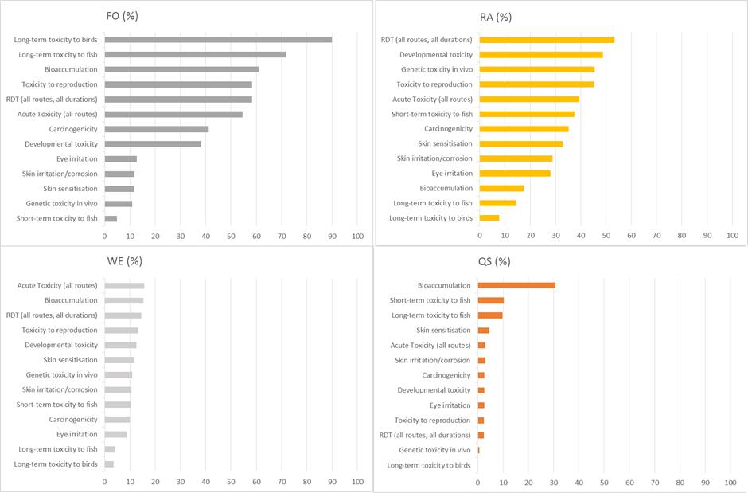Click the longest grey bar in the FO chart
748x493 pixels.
(218, 39)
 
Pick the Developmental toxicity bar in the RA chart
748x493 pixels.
(541, 54)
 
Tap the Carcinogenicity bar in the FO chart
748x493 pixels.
(157, 129)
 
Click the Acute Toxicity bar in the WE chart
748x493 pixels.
(124, 285)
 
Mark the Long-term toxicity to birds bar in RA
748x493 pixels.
(489, 217)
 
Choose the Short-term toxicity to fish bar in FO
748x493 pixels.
(111, 218)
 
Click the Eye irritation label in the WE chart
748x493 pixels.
(77, 435)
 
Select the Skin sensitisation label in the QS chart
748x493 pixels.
(443, 330)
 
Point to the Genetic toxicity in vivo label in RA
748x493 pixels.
(436, 69)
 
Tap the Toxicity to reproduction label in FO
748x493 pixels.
(60, 84)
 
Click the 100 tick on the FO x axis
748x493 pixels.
(357, 236)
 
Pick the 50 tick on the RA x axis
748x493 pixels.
(606, 236)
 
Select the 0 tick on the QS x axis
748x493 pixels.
(477, 483)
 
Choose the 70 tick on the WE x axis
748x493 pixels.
(282, 483)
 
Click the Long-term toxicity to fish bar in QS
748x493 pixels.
(490, 315)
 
